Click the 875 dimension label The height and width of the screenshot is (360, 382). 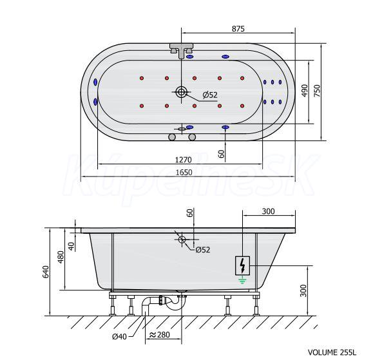coord(238,29)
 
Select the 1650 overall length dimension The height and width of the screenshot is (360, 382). coord(184,173)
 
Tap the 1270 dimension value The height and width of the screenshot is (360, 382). coord(184,160)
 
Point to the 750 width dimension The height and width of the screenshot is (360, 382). coord(317,91)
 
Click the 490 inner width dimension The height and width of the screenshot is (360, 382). coord(305,91)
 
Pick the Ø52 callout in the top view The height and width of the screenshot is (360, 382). coord(210,95)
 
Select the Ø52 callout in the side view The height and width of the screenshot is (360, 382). coord(203,249)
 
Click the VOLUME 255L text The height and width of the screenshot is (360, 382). coord(332,352)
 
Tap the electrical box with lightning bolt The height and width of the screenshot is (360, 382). coord(242,266)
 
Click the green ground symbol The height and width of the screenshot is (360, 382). coord(242,281)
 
